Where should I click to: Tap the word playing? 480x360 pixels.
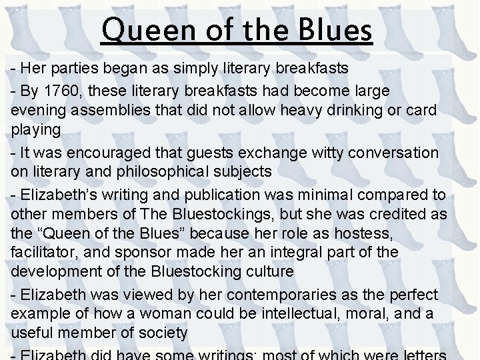36,129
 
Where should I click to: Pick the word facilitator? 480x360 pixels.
49,253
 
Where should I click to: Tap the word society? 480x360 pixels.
163,333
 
